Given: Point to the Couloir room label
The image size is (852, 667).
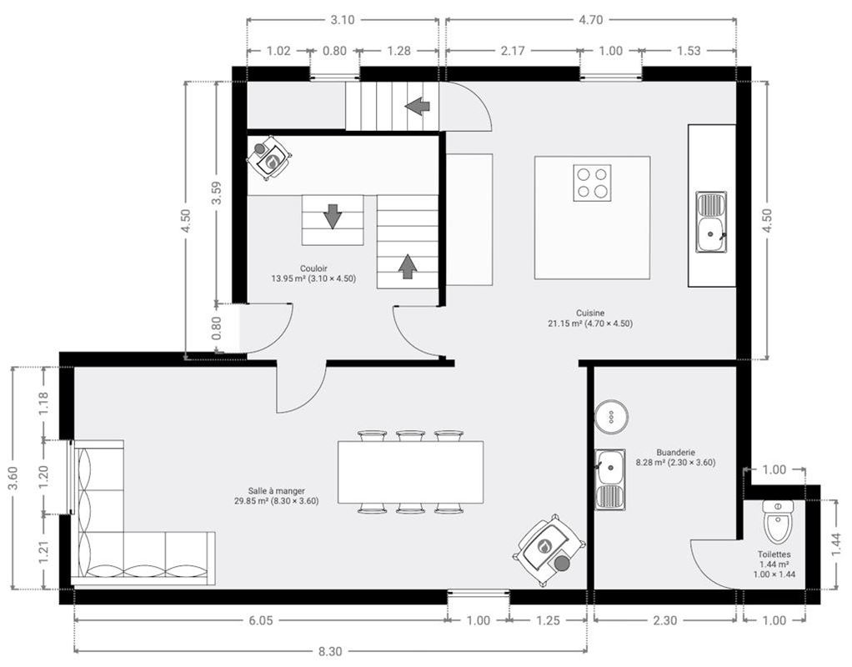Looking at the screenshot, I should [x=313, y=273].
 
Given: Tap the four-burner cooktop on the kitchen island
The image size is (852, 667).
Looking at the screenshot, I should [x=592, y=183].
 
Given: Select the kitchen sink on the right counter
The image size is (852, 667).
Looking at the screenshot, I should [x=711, y=222].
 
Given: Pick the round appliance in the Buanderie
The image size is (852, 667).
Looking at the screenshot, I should [x=610, y=416].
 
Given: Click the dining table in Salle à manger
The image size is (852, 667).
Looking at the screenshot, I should [x=410, y=472].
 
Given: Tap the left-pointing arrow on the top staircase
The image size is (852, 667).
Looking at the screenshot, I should [x=418, y=106].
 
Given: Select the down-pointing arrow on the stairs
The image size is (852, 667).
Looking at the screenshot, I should [x=333, y=215].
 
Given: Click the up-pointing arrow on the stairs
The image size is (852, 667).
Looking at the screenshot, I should [x=407, y=266].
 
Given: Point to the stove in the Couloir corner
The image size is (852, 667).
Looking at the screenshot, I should [x=269, y=158].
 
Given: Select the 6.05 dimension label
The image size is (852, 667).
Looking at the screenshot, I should [x=259, y=620].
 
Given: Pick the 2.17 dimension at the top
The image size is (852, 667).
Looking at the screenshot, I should [x=513, y=51].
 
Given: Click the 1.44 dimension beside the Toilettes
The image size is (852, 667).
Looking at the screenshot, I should [x=836, y=543].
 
